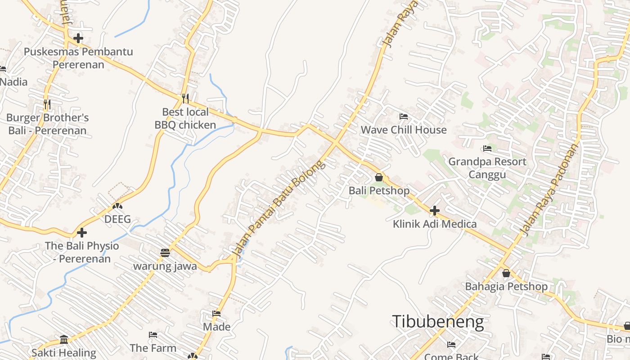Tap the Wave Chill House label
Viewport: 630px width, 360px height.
[404, 130]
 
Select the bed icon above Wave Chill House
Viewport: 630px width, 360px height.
[404, 117]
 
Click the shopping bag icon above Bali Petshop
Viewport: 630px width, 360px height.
[379, 177]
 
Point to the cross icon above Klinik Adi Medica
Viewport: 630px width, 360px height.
[435, 210]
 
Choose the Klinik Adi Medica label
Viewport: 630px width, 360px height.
[435, 224]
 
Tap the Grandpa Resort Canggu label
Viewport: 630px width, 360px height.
[487, 168]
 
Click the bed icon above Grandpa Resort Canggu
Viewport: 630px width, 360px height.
[487, 148]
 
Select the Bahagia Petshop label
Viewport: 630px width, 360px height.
[506, 287]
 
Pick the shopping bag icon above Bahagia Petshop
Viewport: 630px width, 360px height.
[506, 273]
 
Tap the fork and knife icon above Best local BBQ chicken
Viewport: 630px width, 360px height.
[185, 98]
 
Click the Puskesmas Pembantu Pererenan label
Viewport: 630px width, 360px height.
[78, 58]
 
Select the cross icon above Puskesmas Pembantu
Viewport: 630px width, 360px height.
[78, 38]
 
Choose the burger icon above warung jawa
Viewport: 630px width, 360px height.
[165, 252]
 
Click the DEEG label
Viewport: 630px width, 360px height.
[117, 220]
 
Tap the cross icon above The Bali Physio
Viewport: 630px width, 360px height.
[82, 233]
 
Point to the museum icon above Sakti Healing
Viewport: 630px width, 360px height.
[64, 339]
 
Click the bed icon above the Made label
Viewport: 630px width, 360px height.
[216, 314]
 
